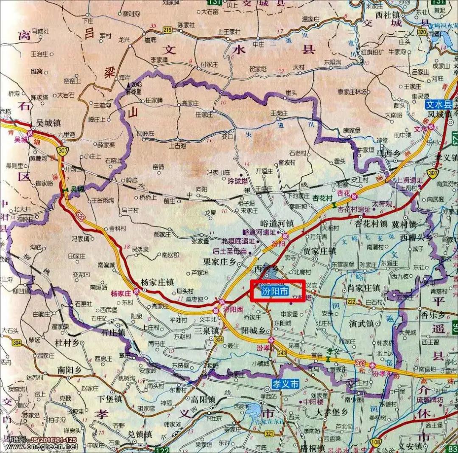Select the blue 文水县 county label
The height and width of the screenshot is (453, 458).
[x=440, y=105]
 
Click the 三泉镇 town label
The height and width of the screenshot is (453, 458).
[x=206, y=329]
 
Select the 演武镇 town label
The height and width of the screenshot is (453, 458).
[x=361, y=324]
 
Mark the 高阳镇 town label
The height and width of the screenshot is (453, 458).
[x=203, y=400]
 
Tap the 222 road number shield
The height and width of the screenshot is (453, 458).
[x=351, y=301]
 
